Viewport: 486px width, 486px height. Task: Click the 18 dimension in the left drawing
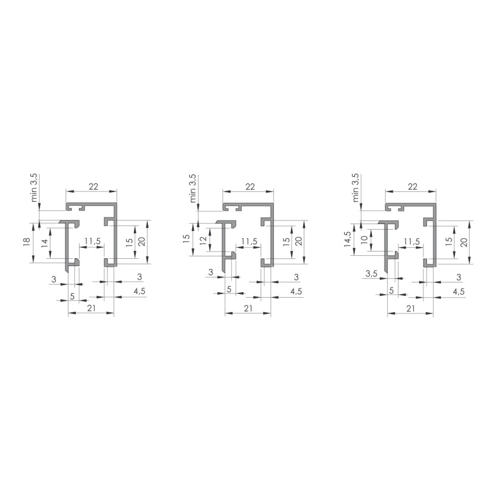26,241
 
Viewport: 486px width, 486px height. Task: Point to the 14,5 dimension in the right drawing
347,239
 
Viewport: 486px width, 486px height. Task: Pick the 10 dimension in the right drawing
364,239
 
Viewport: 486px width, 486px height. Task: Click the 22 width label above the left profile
94,187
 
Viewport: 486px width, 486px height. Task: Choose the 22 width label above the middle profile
250,187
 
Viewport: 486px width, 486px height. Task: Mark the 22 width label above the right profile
413,187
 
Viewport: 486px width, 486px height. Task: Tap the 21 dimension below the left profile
92,308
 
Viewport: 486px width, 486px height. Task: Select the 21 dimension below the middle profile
248,308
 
